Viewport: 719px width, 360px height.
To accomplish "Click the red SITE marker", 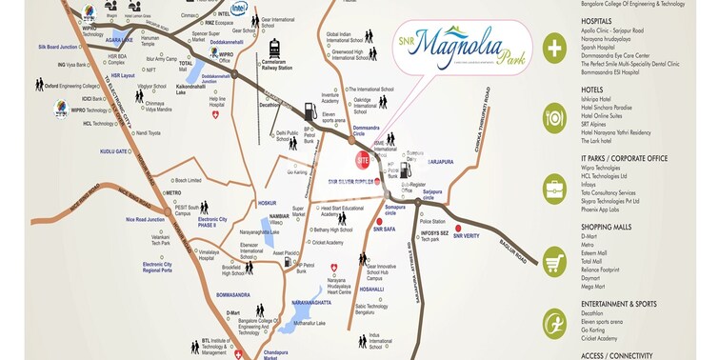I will tap(362, 159).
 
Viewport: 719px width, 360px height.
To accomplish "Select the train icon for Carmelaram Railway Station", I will tap(274, 49).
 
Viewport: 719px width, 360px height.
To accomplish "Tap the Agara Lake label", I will tap(120, 41).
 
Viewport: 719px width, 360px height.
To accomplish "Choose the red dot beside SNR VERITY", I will tap(459, 228).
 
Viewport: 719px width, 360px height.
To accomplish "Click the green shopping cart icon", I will tap(554, 259).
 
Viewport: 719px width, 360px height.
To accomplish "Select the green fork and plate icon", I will tap(554, 120).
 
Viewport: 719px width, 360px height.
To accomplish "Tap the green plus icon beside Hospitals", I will tap(554, 47).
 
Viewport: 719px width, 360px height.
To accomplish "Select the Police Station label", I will tap(445, 222).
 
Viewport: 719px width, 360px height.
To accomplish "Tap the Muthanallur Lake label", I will tap(309, 324).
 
